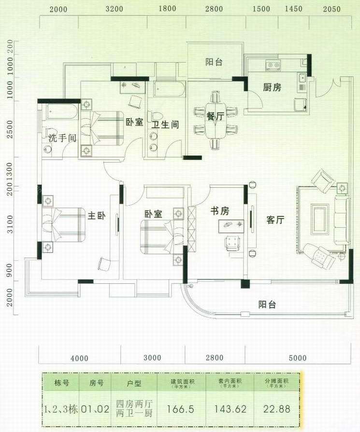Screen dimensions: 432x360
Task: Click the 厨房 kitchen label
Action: [272, 88]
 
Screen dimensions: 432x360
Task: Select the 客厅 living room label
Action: [275, 220]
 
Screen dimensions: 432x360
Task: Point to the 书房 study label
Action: [219, 211]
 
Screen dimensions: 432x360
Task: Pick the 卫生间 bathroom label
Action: [165, 125]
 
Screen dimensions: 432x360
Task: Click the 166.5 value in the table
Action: [180, 409]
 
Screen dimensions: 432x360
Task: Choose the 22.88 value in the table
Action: [277, 409]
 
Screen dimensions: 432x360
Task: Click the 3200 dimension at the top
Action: [114, 9]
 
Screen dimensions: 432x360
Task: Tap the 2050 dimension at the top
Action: [332, 9]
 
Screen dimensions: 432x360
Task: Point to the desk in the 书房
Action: [233, 224]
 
